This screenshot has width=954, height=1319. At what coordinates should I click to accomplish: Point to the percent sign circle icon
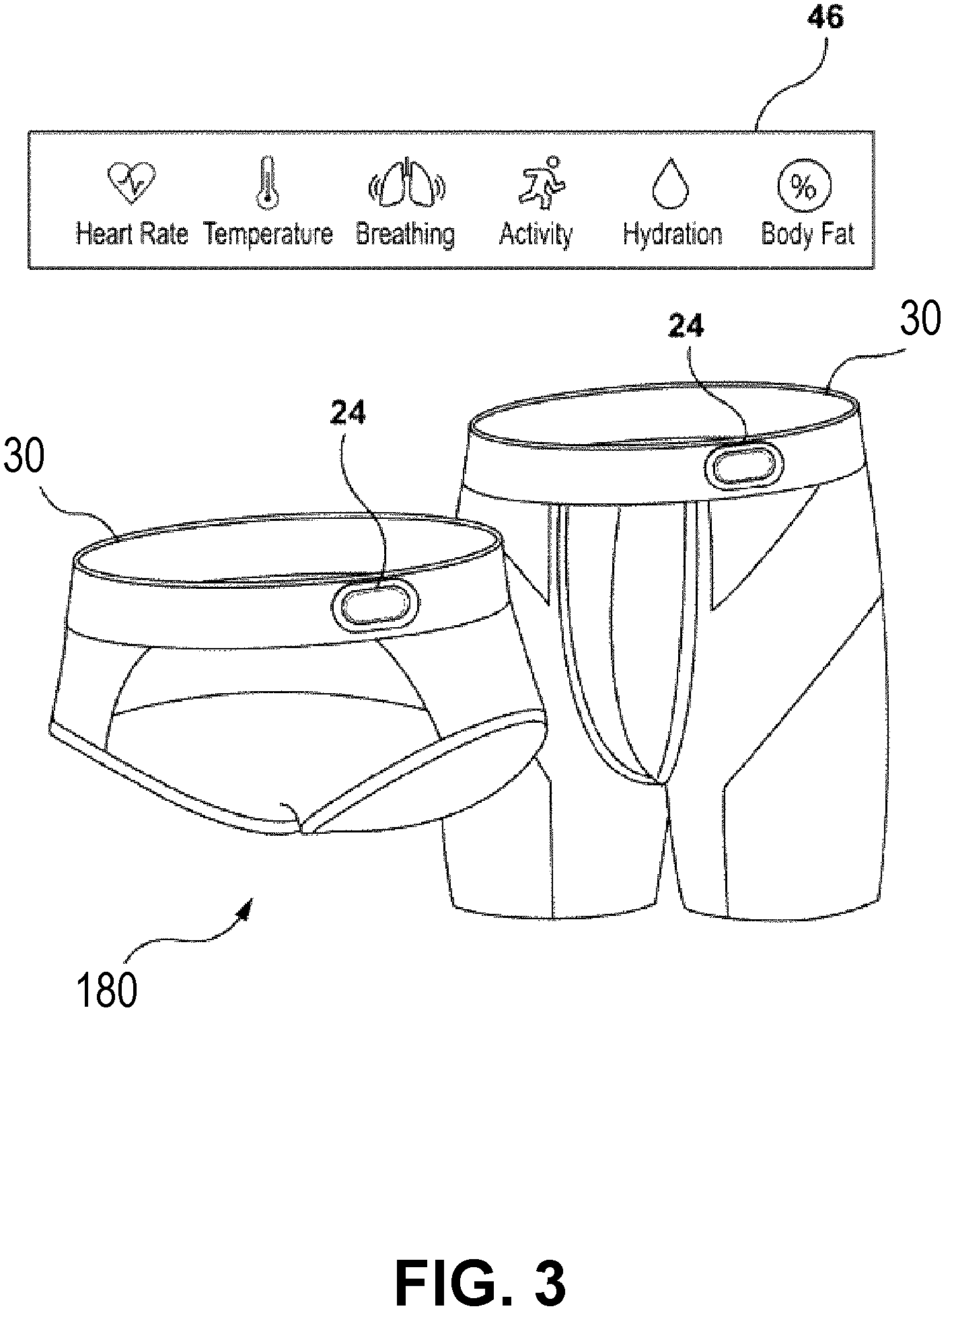click(x=805, y=184)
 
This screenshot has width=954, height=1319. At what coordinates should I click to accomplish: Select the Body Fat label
click(x=809, y=234)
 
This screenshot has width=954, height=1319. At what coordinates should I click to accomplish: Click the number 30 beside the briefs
click(x=25, y=458)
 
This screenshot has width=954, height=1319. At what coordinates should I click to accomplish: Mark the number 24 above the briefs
click(x=348, y=413)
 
